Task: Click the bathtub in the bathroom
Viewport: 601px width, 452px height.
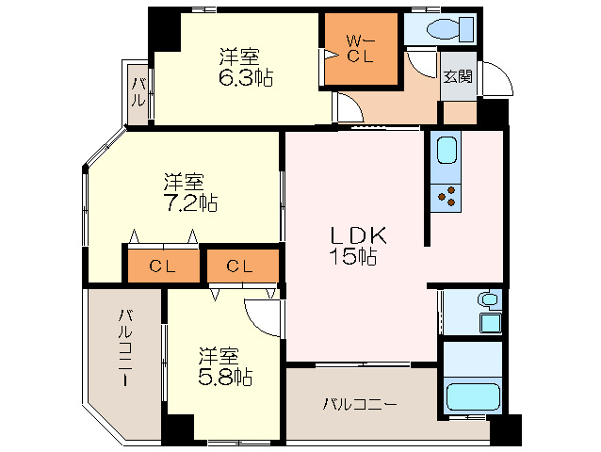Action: (471, 397)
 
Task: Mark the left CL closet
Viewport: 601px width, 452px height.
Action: (162, 266)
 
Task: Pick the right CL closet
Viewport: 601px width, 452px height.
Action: (239, 266)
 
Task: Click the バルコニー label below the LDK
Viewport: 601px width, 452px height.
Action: (360, 405)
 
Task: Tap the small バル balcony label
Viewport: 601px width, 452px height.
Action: (138, 94)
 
